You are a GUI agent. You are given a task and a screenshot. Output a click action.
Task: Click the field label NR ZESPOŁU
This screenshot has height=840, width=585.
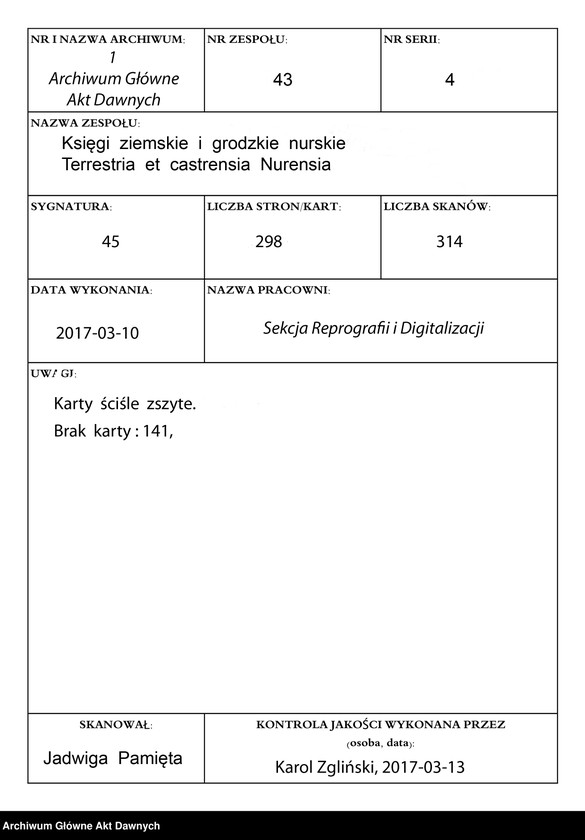[246, 40]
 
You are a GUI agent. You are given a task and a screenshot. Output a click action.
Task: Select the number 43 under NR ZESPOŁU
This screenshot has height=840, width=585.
[282, 80]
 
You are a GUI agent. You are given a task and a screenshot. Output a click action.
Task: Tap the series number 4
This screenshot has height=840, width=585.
[449, 81]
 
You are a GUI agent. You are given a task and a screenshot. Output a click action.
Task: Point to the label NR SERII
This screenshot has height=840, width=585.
[411, 40]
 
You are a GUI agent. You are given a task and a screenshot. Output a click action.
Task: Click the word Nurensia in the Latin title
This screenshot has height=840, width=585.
[297, 164]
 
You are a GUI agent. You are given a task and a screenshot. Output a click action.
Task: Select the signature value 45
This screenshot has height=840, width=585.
[111, 242]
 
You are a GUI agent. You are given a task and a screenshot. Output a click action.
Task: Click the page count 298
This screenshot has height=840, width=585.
[269, 242]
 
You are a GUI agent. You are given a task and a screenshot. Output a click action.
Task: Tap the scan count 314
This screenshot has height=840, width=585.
[449, 242]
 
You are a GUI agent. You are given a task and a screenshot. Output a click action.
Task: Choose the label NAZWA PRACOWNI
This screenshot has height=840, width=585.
[268, 290]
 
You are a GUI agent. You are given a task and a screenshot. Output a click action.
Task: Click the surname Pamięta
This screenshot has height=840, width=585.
[150, 758]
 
